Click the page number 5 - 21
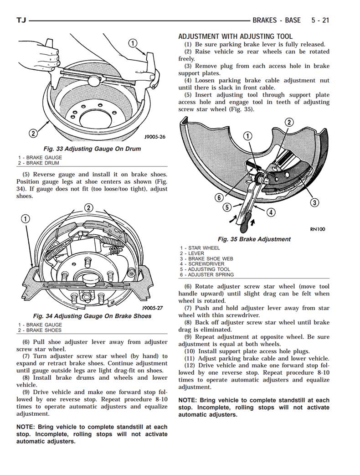[320, 20]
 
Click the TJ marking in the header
[21, 20]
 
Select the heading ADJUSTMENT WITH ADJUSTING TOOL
[235, 36]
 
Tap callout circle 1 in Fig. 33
[133, 44]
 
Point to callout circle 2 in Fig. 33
[33, 134]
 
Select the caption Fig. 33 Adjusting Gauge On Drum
[92, 149]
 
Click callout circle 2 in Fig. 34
[88, 208]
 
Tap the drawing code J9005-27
[152, 308]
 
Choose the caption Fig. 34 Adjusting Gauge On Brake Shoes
[92, 316]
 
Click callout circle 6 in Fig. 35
[219, 197]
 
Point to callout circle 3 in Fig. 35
[314, 203]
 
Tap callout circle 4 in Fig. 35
[271, 212]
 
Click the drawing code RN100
[318, 229]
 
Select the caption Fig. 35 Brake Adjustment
[254, 239]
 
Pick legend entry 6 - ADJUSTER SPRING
[206, 274]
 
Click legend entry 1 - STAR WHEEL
[200, 248]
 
